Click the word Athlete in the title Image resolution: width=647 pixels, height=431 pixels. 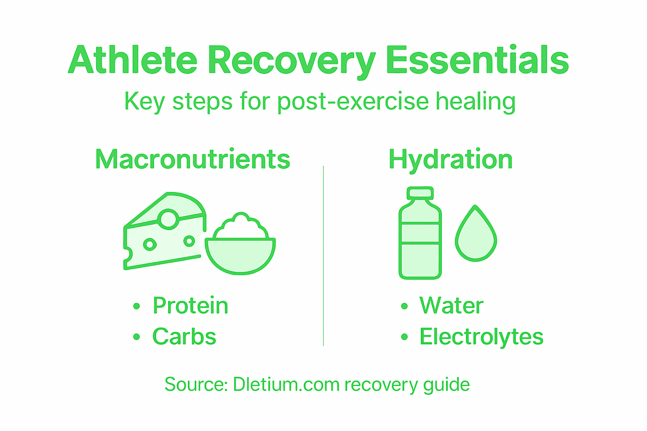[133, 60]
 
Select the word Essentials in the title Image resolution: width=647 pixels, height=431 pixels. [477, 60]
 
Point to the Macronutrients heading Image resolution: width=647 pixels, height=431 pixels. [193, 160]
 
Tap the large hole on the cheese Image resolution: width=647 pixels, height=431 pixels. [168, 219]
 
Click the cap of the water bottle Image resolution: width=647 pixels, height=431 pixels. [420, 193]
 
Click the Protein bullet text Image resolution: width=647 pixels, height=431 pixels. [190, 306]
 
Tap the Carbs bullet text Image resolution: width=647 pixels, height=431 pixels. [184, 337]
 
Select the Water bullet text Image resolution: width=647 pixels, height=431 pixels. [452, 306]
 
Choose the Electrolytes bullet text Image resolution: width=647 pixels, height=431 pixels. [481, 337]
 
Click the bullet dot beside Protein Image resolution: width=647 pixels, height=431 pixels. [136, 306]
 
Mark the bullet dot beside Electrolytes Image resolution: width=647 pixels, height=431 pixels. [404, 337]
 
